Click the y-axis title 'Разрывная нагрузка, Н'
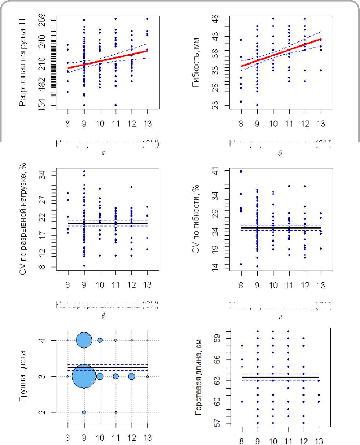pos(23,62)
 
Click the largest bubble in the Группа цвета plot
pos(84,376)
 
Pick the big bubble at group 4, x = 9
pos(84,340)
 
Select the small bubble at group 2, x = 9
pos(84,412)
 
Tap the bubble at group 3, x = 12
pos(132,376)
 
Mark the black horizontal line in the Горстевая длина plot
pos(281,377)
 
